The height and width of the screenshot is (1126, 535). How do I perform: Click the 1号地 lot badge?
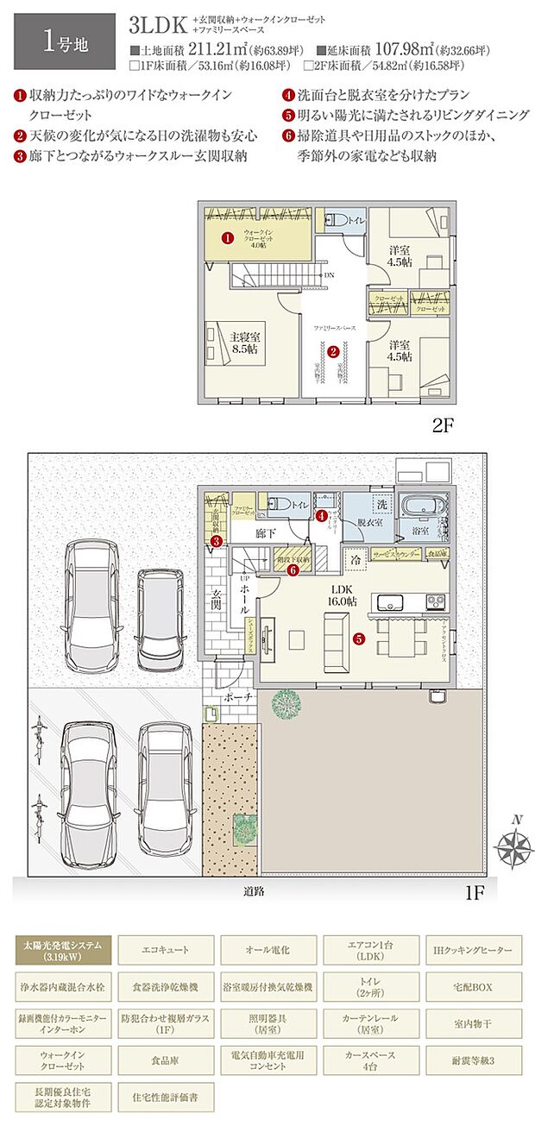(64, 41)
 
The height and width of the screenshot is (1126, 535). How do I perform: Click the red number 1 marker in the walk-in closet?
(227, 237)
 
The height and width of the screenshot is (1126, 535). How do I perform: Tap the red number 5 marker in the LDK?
(359, 639)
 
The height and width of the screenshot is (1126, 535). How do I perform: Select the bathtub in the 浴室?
(419, 504)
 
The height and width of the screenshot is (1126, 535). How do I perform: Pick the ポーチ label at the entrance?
(230, 695)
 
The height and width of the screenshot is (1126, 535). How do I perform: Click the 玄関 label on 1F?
(216, 598)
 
